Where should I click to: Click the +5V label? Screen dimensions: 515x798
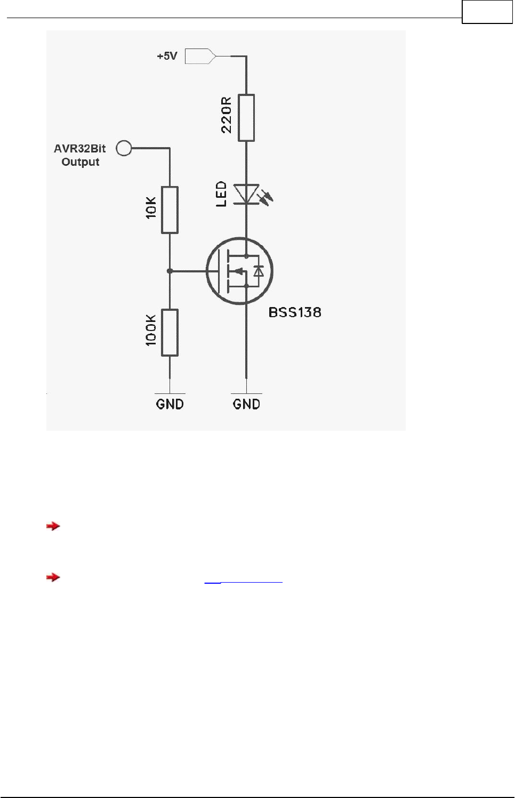(167, 56)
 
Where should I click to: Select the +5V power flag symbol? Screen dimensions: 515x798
(200, 56)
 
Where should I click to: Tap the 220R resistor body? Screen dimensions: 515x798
(246, 118)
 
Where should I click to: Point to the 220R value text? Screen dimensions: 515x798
(227, 115)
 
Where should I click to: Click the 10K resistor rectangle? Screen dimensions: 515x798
(170, 210)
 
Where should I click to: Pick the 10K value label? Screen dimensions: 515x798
(151, 208)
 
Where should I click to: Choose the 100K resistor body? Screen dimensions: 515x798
(170, 333)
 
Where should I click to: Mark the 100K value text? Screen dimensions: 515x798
(151, 331)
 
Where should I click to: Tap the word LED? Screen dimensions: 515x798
(221, 194)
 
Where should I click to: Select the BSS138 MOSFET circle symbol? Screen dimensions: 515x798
(239, 271)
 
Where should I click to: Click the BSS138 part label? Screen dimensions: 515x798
(295, 312)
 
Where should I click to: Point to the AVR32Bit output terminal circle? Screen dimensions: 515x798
(124, 148)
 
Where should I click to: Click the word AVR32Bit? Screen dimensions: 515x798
(80, 149)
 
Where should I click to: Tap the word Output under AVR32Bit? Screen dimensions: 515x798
(81, 162)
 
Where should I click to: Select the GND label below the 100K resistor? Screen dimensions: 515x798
(170, 404)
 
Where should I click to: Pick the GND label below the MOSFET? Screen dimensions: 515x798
(246, 404)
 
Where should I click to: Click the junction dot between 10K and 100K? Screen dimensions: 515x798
(170, 271)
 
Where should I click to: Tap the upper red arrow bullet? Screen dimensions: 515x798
(53, 526)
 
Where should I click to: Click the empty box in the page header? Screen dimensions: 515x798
(487, 12)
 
